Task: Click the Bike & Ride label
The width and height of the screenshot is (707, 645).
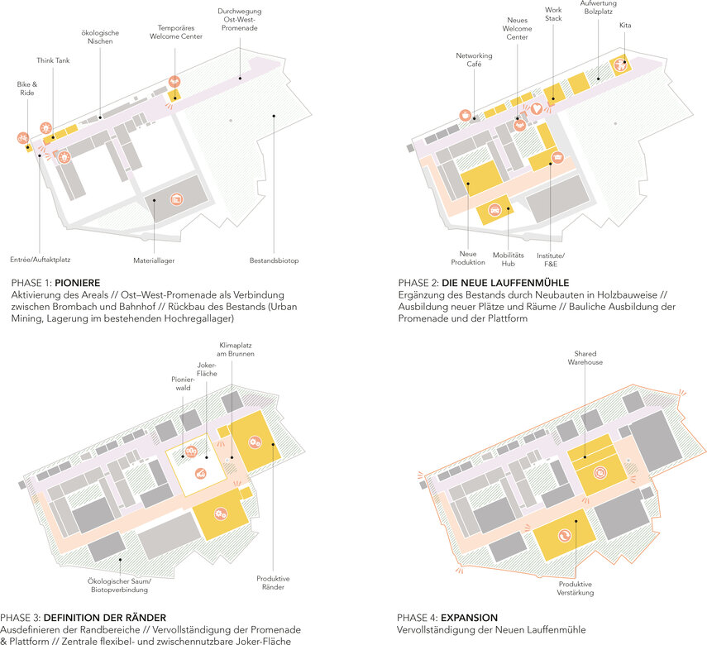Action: coord(27,88)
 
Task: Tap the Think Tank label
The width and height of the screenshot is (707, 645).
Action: coord(53,60)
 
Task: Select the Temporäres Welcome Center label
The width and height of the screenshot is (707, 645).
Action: coord(176,32)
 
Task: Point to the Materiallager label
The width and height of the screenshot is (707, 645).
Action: coord(154,260)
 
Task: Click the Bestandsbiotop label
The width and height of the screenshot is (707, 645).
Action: coord(275,260)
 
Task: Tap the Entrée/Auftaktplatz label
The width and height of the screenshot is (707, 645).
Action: coord(41,260)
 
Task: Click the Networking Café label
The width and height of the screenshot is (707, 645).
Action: coord(474,60)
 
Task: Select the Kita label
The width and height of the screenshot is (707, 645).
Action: coord(625,26)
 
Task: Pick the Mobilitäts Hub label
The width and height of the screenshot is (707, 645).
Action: coord(509,260)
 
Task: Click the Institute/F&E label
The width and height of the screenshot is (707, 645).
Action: coord(551,260)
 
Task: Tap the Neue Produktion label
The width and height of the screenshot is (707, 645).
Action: coord(468,258)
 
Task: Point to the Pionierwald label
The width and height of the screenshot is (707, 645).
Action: coord(183,384)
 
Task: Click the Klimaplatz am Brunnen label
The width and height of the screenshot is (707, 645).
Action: coord(236,350)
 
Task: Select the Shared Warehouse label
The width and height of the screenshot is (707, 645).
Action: coord(585,358)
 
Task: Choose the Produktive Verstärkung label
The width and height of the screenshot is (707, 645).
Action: coord(576,588)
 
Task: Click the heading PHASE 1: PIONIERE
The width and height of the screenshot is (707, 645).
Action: coord(55,283)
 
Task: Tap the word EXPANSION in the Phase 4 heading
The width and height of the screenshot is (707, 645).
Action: coord(470,618)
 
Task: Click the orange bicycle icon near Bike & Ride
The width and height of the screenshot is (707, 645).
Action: coord(23,138)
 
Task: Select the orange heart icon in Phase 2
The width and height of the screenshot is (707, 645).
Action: coord(536,108)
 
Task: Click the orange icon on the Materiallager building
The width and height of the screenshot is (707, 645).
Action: coord(176,199)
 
